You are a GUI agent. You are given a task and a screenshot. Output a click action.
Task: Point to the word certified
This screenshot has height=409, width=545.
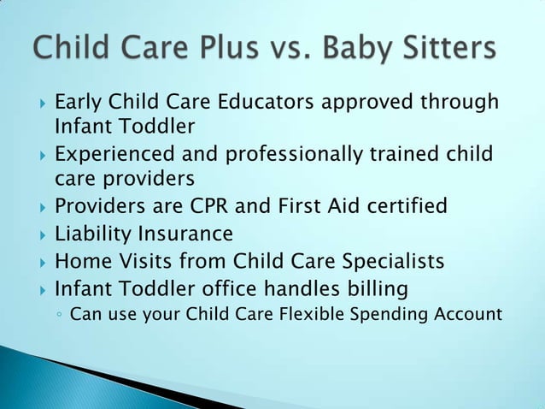tap(404, 207)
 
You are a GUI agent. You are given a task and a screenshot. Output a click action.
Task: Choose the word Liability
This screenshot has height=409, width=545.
tap(90, 234)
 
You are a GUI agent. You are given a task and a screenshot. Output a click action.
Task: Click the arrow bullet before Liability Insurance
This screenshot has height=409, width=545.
tap(35, 234)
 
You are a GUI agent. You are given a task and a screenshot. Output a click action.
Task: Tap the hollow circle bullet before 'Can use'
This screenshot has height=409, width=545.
tap(57, 315)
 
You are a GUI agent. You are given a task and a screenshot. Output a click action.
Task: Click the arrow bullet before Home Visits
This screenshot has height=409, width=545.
tap(35, 261)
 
